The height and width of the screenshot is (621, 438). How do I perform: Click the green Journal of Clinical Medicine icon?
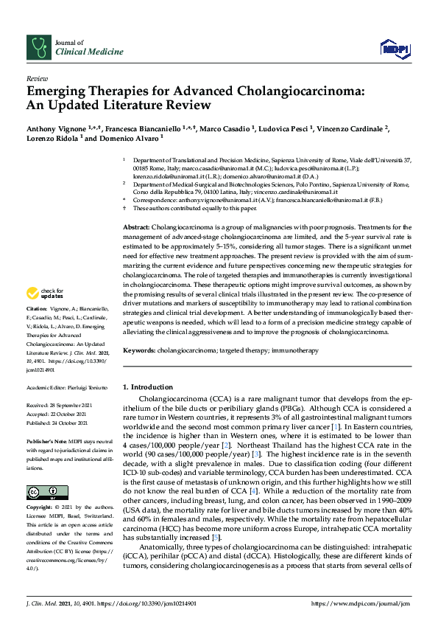(38, 48)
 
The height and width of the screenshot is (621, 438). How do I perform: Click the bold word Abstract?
(135, 207)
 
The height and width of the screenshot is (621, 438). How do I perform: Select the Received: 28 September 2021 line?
(58, 406)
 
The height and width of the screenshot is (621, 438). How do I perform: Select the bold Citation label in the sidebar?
(36, 327)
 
